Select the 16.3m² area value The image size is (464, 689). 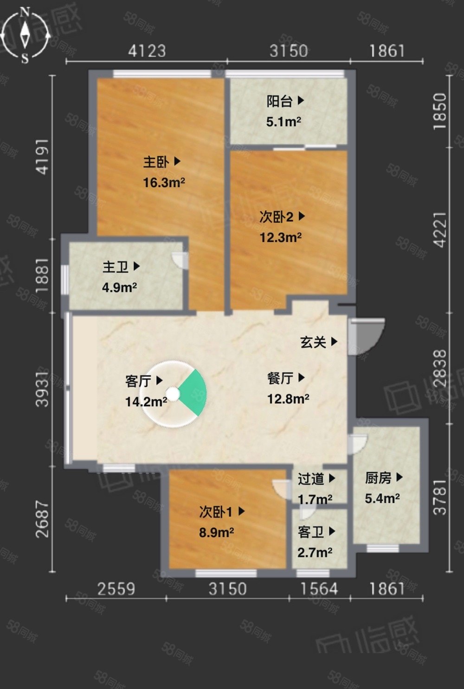164,183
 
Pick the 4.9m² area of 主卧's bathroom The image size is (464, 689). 119,288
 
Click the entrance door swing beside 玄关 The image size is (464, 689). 366,336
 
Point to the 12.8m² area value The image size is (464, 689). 288,399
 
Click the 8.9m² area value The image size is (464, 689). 216,532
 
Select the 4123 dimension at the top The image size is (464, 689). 147,51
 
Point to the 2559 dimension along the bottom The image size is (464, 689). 116,589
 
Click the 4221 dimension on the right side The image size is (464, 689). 440,230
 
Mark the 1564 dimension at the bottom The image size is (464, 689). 319,589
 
